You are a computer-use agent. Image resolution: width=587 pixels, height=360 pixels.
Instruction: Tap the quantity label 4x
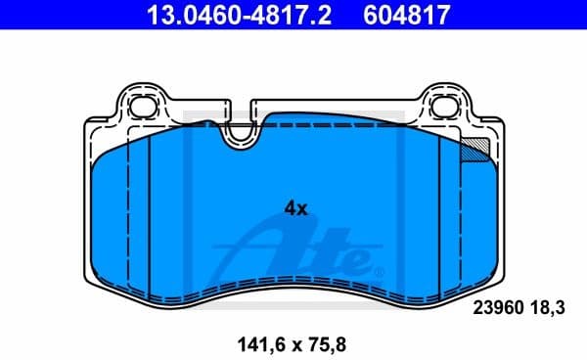295,207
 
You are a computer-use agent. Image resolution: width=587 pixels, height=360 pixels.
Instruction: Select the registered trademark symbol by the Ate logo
380,269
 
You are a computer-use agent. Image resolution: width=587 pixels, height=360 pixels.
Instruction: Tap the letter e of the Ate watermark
353,260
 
